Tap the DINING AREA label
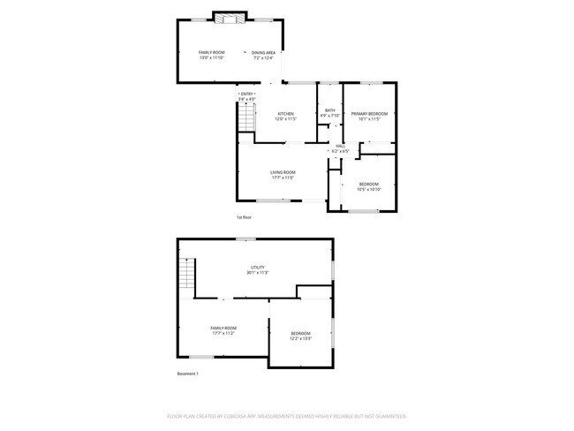264,53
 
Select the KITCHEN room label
286,114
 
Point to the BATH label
329,110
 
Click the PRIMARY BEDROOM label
369,114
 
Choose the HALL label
340,147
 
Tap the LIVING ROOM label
283,172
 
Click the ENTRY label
247,95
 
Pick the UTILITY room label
258,267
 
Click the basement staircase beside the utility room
186,276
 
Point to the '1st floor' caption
245,217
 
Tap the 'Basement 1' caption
188,374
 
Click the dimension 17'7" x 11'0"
283,178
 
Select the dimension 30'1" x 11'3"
258,273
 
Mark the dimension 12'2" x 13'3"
300,338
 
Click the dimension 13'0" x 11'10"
212,58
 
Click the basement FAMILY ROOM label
223,328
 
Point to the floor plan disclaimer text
286,415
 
